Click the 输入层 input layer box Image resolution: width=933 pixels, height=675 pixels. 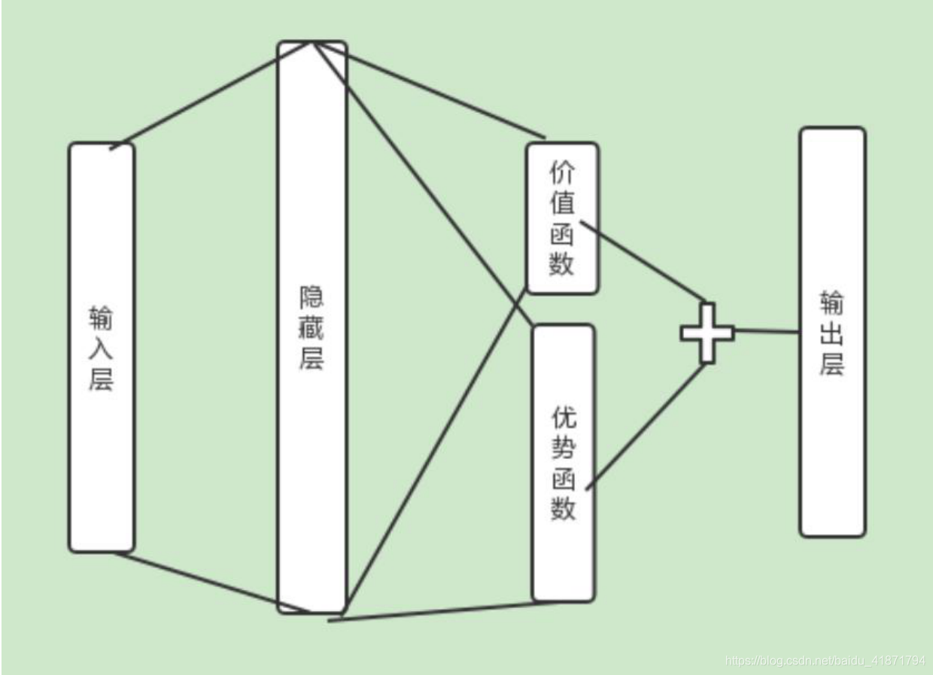pyautogui.click(x=102, y=452)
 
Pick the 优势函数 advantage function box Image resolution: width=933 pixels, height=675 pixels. pyautogui.click(x=563, y=549)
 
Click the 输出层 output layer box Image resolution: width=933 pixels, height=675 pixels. pyautogui.click(x=832, y=452)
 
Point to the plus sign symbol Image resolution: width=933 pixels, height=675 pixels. pyautogui.click(x=707, y=333)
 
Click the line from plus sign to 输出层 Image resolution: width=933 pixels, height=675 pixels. pyautogui.click(x=766, y=331)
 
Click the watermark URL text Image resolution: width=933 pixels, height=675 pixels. pyautogui.click(x=825, y=661)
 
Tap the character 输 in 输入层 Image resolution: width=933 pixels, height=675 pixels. pyautogui.click(x=102, y=319)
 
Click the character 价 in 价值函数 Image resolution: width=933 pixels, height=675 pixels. pyautogui.click(x=562, y=175)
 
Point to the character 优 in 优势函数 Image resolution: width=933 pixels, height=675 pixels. pyautogui.click(x=564, y=417)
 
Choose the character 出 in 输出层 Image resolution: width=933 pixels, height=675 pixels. pyautogui.click(x=832, y=333)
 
